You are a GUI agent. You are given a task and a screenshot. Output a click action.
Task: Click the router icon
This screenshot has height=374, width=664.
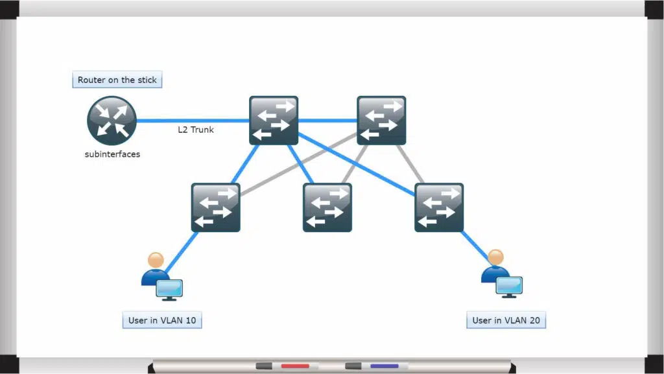click(112, 121)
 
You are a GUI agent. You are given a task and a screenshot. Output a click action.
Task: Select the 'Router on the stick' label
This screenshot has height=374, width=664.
click(117, 80)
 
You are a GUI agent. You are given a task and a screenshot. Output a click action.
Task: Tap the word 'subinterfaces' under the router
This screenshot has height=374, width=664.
click(112, 154)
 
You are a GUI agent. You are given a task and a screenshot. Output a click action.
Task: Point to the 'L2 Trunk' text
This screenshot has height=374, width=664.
click(196, 130)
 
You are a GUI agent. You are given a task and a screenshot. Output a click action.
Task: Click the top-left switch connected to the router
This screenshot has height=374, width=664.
click(274, 121)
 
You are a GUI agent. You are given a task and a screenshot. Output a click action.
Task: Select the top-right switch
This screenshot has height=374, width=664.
click(381, 121)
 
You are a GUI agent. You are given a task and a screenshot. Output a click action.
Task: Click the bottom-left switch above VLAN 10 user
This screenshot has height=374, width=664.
click(215, 207)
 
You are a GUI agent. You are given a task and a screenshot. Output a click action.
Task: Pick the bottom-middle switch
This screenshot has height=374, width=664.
click(327, 207)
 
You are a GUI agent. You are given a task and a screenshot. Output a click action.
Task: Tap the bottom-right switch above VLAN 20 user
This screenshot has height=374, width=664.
click(439, 207)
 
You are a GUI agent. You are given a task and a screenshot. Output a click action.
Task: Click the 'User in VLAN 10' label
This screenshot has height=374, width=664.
click(162, 320)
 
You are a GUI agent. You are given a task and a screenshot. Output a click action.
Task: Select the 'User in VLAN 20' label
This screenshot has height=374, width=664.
click(506, 320)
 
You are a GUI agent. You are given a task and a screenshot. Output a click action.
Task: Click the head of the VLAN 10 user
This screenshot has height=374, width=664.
click(156, 260)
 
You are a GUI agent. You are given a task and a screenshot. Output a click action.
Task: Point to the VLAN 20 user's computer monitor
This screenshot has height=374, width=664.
click(510, 287)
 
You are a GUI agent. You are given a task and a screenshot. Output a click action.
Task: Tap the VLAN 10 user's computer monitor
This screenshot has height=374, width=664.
click(169, 290)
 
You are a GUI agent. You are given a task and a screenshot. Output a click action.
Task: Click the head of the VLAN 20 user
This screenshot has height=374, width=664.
click(495, 257)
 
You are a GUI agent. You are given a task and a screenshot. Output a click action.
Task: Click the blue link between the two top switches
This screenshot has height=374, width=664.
click(327, 121)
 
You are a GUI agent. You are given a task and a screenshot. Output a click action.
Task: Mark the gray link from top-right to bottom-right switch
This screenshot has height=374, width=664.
click(410, 164)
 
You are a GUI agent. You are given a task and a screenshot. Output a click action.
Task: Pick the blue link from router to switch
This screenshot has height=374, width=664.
click(193, 121)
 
